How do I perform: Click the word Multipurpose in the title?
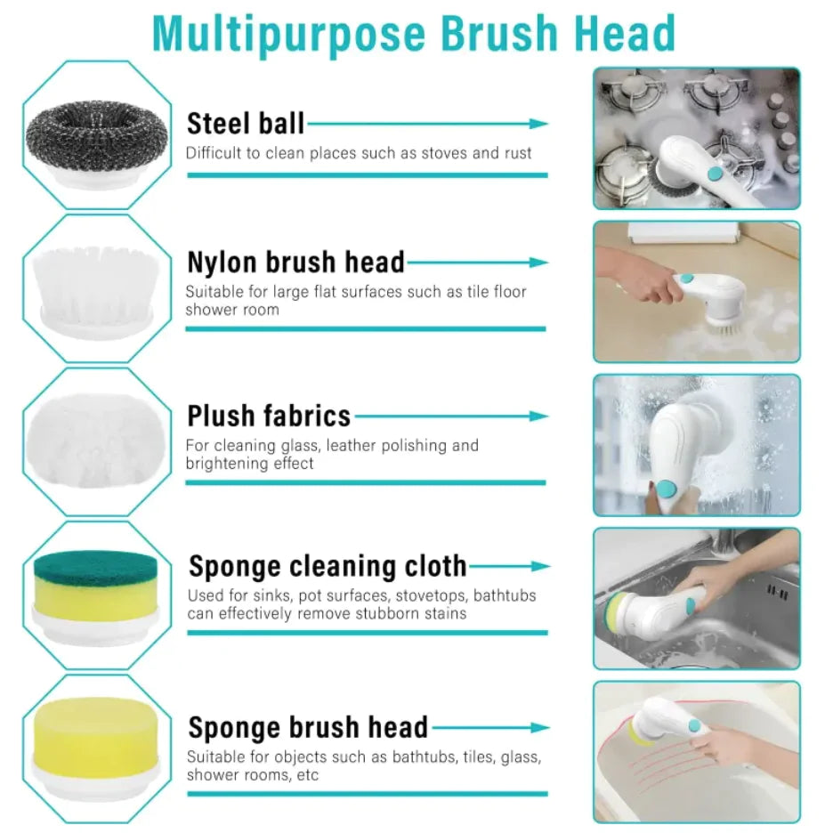(x=289, y=35)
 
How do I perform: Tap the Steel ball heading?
(x=246, y=124)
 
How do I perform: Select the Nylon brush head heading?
(x=295, y=262)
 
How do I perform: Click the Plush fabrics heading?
(x=269, y=416)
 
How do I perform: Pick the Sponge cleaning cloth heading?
(x=328, y=566)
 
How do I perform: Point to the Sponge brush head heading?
(x=308, y=727)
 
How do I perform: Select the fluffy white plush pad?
(x=96, y=440)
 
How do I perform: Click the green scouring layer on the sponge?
(x=96, y=568)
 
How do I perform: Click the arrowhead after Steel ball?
(x=538, y=124)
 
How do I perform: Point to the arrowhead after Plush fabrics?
(x=538, y=416)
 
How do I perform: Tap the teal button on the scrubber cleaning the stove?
(x=716, y=174)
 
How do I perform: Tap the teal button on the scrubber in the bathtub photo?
(x=694, y=725)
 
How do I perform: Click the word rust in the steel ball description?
(x=518, y=153)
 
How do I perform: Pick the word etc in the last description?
(x=308, y=775)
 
